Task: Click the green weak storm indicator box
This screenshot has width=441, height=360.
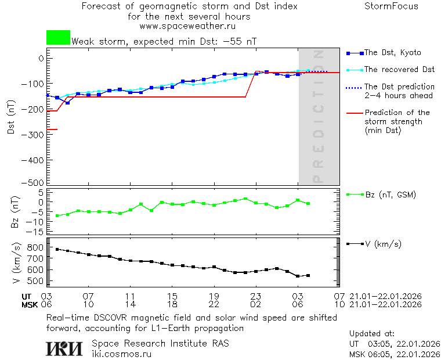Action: pyautogui.click(x=58, y=38)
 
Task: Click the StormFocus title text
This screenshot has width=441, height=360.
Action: pyautogui.click(x=391, y=7)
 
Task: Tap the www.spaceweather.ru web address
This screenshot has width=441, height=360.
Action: pyautogui.click(x=187, y=26)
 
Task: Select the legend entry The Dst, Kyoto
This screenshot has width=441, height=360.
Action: pyautogui.click(x=392, y=53)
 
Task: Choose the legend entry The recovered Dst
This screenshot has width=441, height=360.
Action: pyautogui.click(x=399, y=70)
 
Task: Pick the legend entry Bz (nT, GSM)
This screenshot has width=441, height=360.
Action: pyautogui.click(x=390, y=195)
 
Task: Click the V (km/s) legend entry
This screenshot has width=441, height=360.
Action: pyautogui.click(x=382, y=244)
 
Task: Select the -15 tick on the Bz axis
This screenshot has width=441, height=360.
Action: pyautogui.click(x=37, y=232)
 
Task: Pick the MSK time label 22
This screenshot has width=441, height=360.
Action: pyautogui.click(x=214, y=304)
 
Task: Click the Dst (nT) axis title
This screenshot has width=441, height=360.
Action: pyautogui.click(x=11, y=116)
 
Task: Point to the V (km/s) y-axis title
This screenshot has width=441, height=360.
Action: pyautogui.click(x=13, y=264)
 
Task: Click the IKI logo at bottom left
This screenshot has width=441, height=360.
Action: pyautogui.click(x=64, y=348)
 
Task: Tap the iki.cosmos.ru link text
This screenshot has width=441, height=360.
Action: pyautogui.click(x=122, y=354)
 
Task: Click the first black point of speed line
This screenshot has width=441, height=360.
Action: pyautogui.click(x=57, y=249)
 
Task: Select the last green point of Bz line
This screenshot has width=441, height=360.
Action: pyautogui.click(x=308, y=203)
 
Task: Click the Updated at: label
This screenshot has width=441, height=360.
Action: pyautogui.click(x=372, y=334)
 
